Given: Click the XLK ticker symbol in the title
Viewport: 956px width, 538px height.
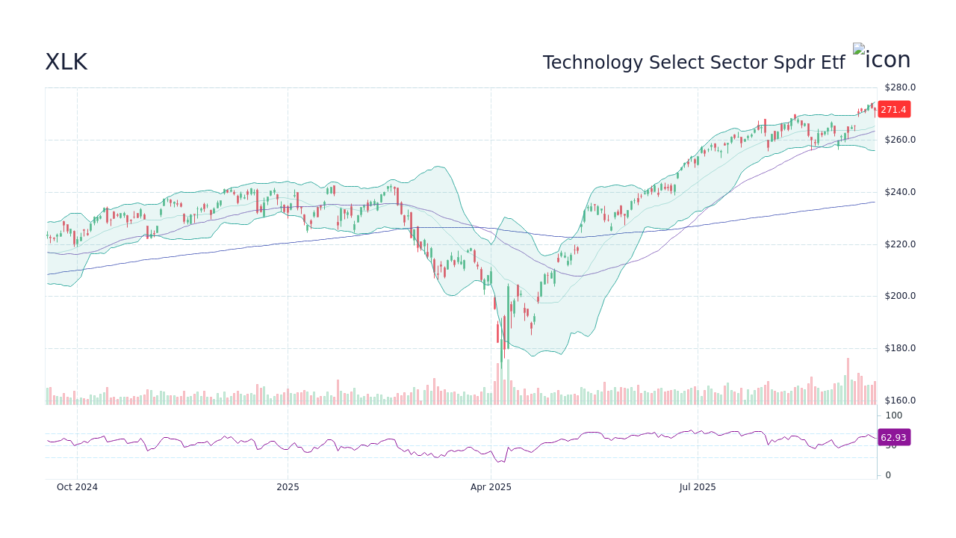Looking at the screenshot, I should (66, 63).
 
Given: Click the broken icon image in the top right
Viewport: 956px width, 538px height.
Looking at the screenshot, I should (881, 60).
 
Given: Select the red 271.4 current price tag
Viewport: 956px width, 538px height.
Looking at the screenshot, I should (893, 110).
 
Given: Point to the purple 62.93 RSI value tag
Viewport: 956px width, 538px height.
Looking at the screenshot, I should (893, 438).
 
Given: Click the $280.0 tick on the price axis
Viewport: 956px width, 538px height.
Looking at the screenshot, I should (899, 87).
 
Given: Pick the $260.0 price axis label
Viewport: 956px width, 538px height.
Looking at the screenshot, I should (899, 140).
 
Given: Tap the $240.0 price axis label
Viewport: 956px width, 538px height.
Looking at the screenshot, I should (899, 192).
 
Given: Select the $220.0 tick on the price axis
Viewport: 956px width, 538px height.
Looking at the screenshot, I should (899, 244).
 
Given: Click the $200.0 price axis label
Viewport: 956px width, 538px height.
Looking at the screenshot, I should (899, 296).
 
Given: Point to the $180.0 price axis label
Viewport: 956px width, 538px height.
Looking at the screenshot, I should (899, 348).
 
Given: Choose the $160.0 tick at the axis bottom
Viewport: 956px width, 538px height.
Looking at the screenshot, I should (899, 401).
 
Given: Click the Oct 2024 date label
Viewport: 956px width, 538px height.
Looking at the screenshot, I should (77, 487).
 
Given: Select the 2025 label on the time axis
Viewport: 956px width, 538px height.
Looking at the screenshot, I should (288, 487).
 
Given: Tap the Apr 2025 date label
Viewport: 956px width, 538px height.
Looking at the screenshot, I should (491, 487).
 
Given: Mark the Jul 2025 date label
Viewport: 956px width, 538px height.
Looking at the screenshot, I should (698, 487).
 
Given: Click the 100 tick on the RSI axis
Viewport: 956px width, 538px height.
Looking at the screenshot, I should (894, 415).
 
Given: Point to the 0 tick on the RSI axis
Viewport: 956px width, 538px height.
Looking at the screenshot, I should (888, 475).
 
